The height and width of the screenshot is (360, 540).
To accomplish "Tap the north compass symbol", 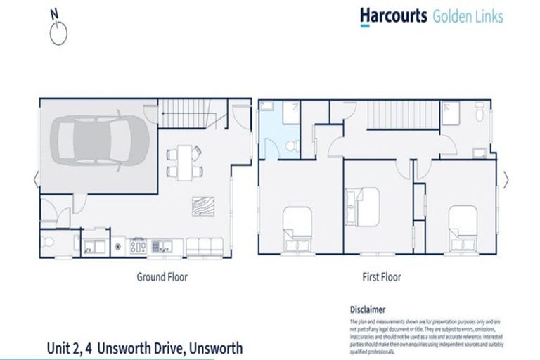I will click(59, 30).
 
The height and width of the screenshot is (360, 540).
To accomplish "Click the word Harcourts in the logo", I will click(393, 15).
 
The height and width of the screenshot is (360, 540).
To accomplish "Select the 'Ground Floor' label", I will click(162, 277).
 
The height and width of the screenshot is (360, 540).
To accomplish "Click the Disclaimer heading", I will click(367, 309).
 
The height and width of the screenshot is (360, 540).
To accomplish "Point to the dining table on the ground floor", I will click(184, 161).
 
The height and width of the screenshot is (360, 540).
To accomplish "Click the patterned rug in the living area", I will click(201, 204).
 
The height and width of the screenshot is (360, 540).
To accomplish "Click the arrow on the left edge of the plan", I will click(36, 180).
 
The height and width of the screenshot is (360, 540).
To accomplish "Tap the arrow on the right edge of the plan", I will click(506, 180).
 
